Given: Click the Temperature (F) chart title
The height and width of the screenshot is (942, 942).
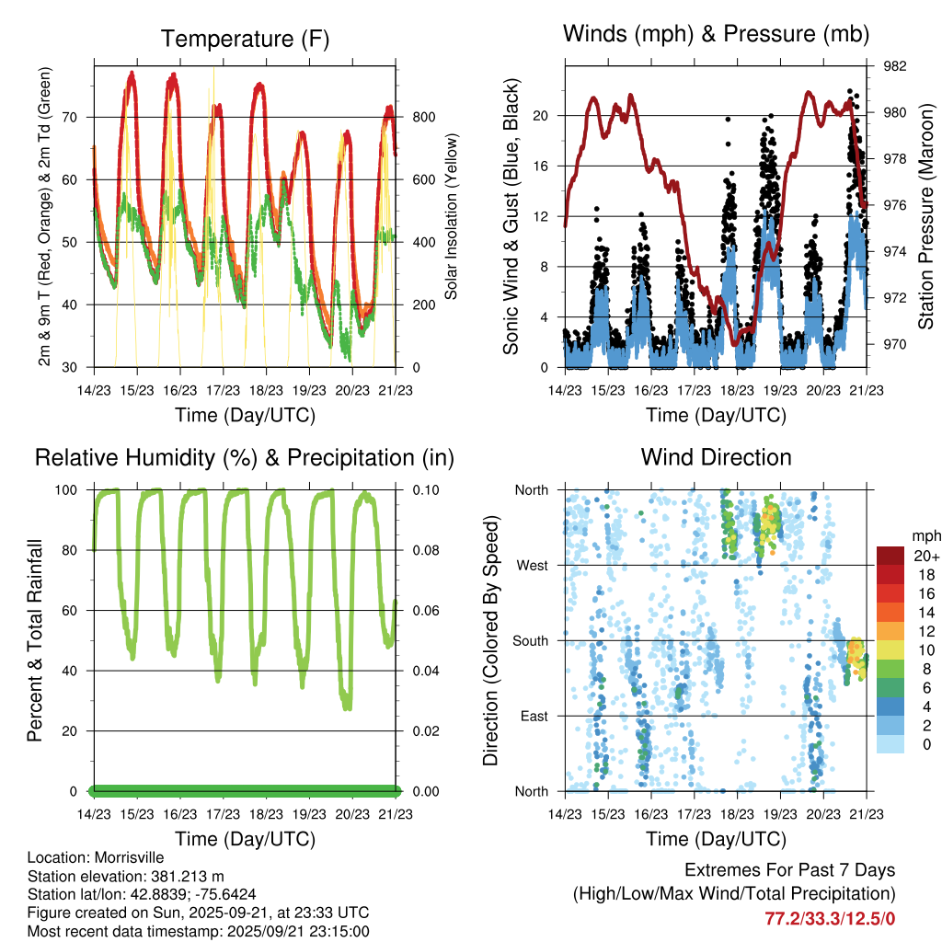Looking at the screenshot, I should point(245,39).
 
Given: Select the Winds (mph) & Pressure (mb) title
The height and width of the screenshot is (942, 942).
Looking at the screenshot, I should point(716,35).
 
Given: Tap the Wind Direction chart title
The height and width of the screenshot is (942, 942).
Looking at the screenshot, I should point(716,457).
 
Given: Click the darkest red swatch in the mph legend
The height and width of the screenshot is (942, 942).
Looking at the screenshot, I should point(890,556).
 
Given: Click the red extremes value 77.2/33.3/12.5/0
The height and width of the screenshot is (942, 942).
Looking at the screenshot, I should point(830,918).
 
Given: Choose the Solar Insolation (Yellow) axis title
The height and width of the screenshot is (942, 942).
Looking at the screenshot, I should point(451,217).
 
